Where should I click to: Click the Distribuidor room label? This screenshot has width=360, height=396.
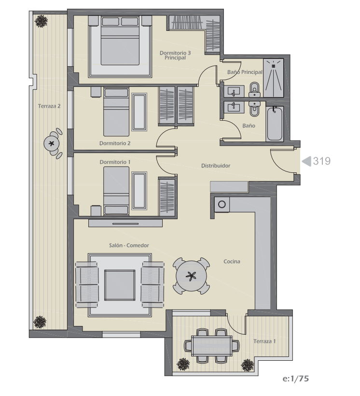216,166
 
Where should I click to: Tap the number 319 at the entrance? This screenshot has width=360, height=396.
321,161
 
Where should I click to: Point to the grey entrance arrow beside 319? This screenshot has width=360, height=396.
306,161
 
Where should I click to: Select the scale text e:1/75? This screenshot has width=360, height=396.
296,379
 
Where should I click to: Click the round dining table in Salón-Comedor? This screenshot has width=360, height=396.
191,276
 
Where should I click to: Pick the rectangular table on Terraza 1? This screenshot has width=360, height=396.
211,346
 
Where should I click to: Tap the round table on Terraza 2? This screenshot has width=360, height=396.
52,143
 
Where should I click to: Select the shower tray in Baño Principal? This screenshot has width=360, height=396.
274,78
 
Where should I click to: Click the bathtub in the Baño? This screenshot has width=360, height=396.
275,124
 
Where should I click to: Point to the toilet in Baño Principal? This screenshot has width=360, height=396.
254,90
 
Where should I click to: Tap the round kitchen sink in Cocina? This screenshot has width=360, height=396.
222,204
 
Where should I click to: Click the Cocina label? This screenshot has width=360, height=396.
232,261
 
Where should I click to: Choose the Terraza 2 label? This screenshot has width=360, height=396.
49,106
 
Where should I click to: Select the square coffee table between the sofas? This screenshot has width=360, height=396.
120,285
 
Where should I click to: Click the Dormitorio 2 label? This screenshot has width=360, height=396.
115,143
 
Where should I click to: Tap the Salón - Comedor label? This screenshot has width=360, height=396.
129,245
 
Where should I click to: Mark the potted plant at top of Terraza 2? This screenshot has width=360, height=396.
41,21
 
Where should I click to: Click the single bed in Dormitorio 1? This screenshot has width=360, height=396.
116,191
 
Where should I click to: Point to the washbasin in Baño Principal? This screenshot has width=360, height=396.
234,91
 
